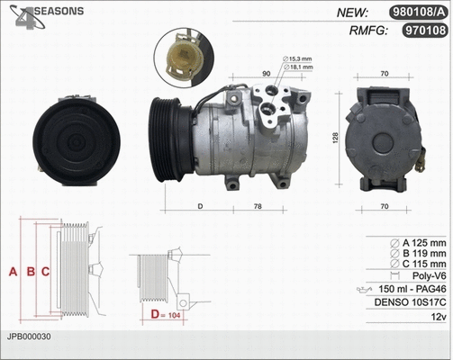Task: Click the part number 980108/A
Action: tap(417, 12)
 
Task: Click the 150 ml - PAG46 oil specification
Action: tap(411, 288)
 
